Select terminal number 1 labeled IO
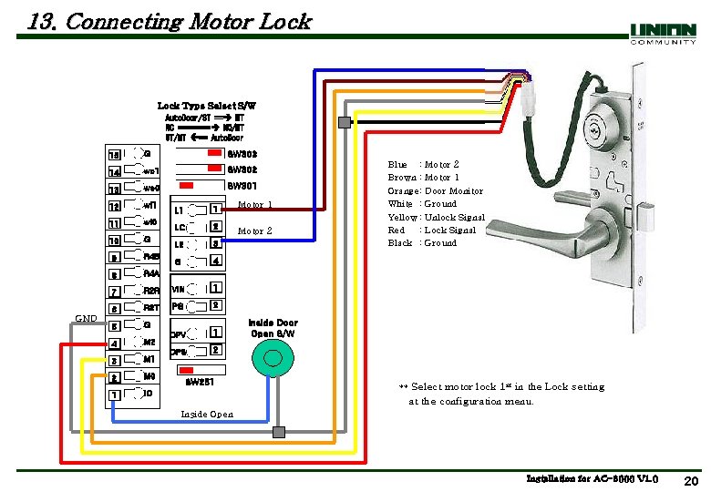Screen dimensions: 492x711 click(x=115, y=394)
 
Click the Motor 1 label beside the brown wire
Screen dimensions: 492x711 click(x=254, y=205)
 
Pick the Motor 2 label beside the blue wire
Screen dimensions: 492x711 click(x=254, y=231)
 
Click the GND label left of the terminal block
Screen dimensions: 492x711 click(x=86, y=318)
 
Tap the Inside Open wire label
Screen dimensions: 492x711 click(x=207, y=414)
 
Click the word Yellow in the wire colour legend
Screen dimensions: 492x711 click(x=402, y=218)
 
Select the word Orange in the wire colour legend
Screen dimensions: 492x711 click(x=403, y=191)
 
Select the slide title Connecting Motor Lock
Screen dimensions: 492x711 click(x=170, y=21)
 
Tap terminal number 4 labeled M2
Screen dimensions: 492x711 click(x=115, y=343)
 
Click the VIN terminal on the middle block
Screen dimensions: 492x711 click(x=180, y=289)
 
